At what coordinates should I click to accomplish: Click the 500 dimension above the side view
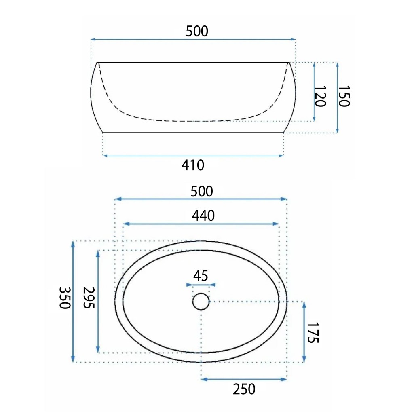(x=197, y=31)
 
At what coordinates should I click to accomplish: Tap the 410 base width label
(x=193, y=165)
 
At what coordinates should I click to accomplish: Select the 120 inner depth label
(x=320, y=96)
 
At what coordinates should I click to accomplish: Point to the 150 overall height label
(x=344, y=96)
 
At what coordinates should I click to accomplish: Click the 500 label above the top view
(x=202, y=191)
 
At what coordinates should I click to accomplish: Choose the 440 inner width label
(x=203, y=216)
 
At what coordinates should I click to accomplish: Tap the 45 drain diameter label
(x=201, y=276)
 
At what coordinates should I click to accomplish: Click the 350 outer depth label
(x=65, y=298)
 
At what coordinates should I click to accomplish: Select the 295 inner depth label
(x=89, y=298)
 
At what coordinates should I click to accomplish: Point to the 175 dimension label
(x=313, y=333)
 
